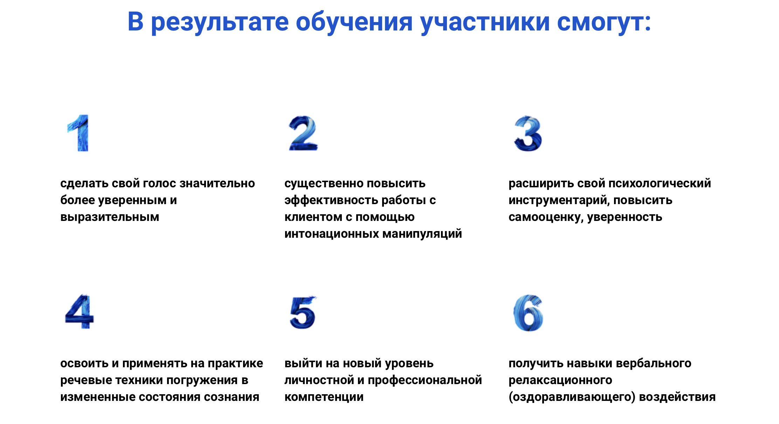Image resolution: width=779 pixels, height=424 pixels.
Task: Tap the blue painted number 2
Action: pos(303,133)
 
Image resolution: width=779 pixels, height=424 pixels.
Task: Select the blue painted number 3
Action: pos(528,134)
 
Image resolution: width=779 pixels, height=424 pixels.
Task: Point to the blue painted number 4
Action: pos(80,311)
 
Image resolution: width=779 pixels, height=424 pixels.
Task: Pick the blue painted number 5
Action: pos(303,313)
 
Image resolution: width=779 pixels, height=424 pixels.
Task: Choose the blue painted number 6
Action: pos(528,313)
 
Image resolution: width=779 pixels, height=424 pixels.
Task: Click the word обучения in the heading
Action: pos(354,22)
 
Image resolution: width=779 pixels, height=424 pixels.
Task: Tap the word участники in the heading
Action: pos(485,22)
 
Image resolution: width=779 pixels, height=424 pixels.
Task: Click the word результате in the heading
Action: pos(220,22)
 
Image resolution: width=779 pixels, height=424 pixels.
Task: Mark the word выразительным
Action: pos(110,217)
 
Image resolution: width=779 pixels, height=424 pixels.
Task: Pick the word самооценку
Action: pos(545,217)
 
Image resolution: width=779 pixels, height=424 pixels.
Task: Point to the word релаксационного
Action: pos(560,380)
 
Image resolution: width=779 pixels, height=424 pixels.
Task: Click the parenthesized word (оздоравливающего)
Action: pos(572,397)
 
